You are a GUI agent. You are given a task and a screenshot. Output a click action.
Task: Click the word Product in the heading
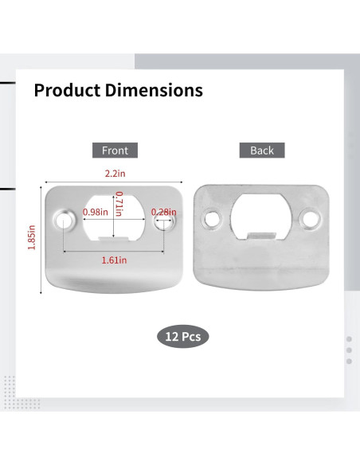[x=67, y=90]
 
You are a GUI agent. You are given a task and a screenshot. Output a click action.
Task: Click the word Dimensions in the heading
[x=154, y=90]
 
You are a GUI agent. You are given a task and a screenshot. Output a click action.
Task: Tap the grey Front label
[x=115, y=150]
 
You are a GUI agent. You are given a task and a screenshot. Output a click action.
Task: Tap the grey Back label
[x=262, y=150]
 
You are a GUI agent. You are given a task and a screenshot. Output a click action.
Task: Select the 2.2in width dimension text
[x=115, y=174]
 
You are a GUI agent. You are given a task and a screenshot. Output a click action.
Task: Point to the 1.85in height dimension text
[x=32, y=237]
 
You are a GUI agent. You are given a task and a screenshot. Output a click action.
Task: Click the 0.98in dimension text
[x=96, y=212]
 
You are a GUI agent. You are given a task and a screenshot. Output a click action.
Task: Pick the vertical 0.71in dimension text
[x=119, y=204]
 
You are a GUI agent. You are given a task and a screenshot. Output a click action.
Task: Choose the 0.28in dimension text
[x=164, y=212]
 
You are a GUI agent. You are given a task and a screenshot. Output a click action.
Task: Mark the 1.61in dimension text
[x=114, y=260]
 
